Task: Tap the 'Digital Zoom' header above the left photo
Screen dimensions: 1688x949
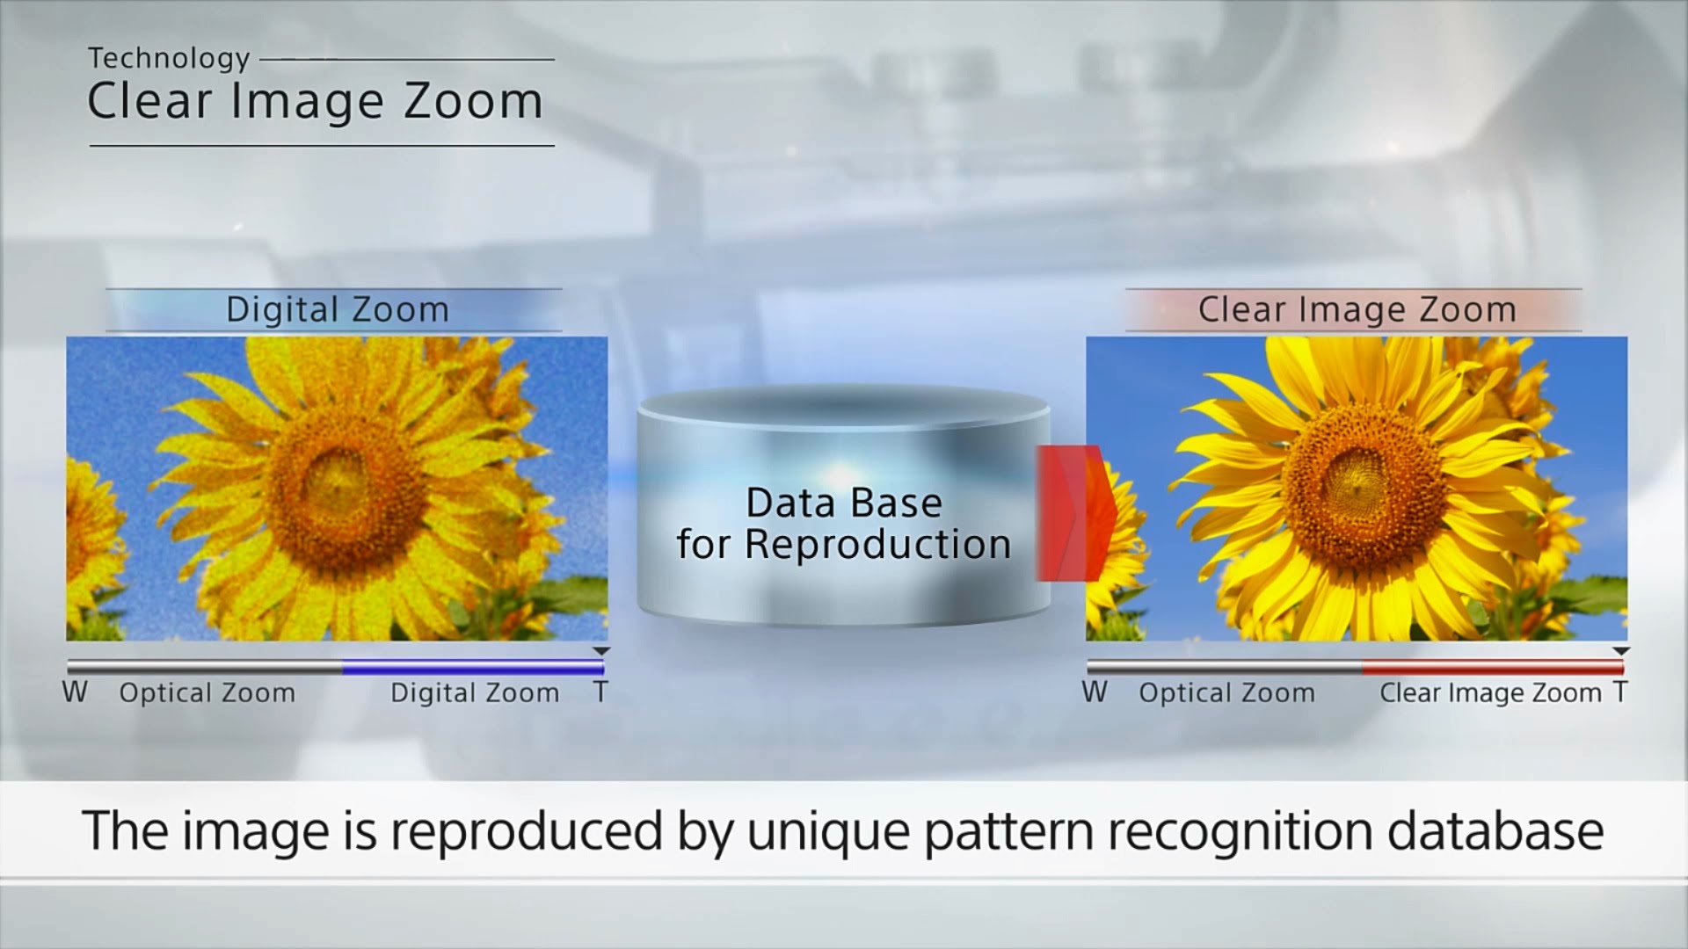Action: click(338, 309)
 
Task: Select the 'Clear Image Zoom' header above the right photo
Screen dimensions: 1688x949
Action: click(1357, 309)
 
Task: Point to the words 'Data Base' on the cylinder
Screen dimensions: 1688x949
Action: click(844, 503)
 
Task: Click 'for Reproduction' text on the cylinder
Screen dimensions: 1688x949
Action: click(844, 544)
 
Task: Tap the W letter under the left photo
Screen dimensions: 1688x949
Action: click(75, 692)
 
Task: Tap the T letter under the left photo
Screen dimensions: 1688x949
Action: click(600, 692)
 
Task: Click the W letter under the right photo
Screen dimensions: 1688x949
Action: click(1095, 692)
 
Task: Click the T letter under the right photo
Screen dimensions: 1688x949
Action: click(1620, 692)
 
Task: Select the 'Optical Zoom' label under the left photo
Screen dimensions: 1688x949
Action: click(207, 693)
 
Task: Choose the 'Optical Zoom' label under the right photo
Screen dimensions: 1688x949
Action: click(1227, 693)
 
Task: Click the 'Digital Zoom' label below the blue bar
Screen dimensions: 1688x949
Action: click(475, 693)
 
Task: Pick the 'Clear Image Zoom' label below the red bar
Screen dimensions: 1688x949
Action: click(1490, 693)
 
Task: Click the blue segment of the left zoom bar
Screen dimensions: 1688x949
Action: click(473, 669)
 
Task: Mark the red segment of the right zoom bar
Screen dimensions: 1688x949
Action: click(1493, 669)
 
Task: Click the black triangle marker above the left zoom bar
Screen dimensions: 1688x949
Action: click(601, 651)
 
